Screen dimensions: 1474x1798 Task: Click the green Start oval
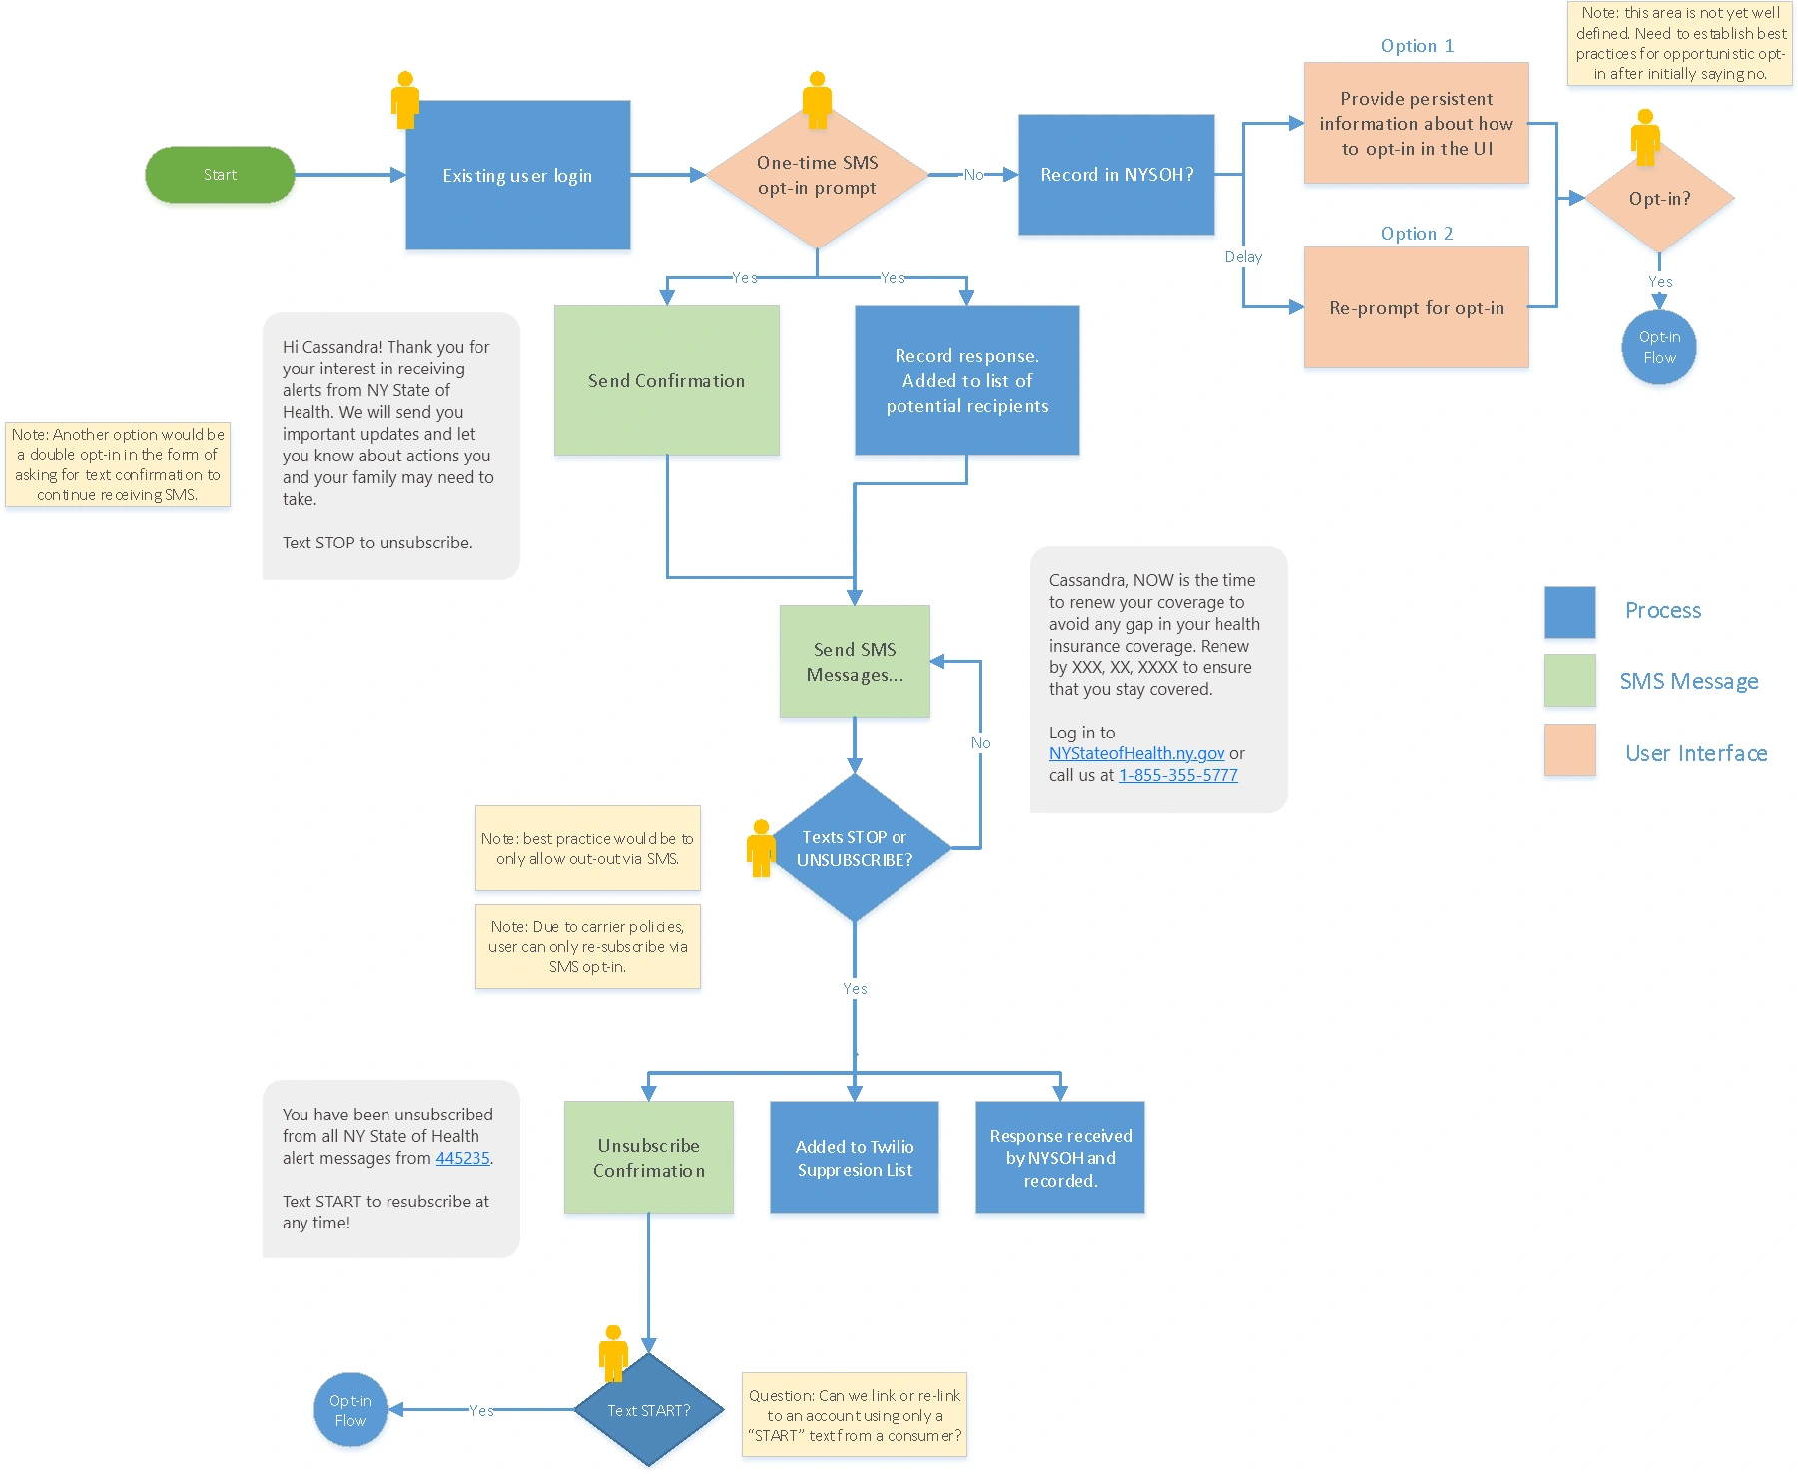(220, 175)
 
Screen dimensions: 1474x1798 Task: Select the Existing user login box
(517, 175)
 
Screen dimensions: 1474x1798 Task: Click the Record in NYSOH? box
(1116, 175)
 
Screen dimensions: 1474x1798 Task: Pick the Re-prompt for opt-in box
(1416, 308)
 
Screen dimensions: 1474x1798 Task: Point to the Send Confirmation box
(666, 380)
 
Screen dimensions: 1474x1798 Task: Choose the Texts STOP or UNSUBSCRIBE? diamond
(855, 848)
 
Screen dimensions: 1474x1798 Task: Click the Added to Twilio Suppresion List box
(855, 1158)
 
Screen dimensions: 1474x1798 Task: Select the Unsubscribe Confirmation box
(649, 1158)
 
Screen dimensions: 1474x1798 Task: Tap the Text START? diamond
(649, 1410)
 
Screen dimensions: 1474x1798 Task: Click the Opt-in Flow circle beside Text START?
(350, 1410)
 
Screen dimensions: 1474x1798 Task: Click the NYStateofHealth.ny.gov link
(1136, 753)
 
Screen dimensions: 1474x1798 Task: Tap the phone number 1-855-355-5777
(1178, 775)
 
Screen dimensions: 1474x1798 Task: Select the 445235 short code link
(462, 1158)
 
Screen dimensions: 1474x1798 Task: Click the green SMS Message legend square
(1569, 681)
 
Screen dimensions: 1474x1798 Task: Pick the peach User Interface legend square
(1569, 750)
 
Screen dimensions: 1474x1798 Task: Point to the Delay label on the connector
(1243, 257)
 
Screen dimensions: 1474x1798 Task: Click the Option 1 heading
(1417, 46)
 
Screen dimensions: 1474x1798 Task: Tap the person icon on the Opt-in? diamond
(1645, 136)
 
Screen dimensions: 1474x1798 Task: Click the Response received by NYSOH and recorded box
(1060, 1158)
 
